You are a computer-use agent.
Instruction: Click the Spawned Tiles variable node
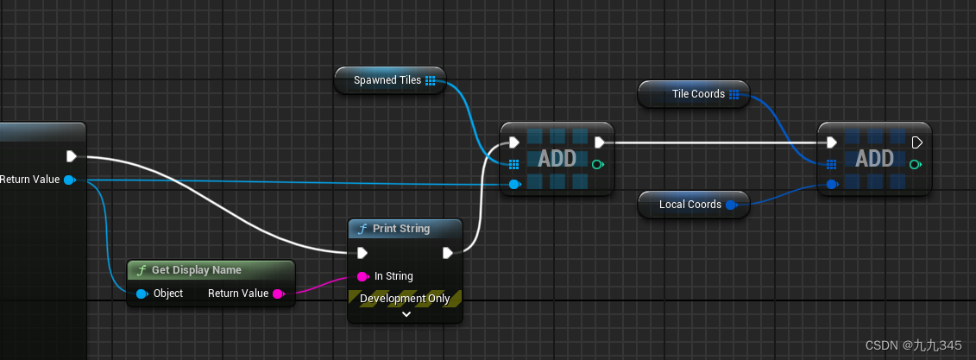tap(387, 80)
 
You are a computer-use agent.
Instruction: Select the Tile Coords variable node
tap(697, 94)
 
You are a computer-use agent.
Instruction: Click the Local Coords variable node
tap(689, 205)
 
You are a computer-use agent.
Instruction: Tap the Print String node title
tap(400, 229)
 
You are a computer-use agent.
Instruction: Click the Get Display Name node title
tap(196, 270)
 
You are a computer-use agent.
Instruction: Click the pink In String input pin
tap(362, 276)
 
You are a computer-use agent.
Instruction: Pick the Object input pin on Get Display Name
tap(142, 294)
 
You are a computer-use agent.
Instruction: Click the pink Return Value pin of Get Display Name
tap(278, 294)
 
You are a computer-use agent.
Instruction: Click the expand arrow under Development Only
tap(406, 314)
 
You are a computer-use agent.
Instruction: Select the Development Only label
tap(405, 299)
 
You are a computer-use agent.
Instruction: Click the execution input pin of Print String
tap(362, 253)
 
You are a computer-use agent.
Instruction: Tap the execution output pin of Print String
tap(448, 253)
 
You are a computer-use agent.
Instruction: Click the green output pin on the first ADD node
tap(599, 163)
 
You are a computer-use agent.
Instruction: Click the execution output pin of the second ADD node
tap(916, 142)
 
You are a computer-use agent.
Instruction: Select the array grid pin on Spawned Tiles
tap(431, 80)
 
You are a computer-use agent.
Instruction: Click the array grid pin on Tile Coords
tap(734, 94)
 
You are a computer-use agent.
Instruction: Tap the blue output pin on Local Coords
tap(731, 205)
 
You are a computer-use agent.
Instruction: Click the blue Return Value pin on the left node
tap(69, 180)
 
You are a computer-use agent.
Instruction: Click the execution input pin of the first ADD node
tap(514, 142)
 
